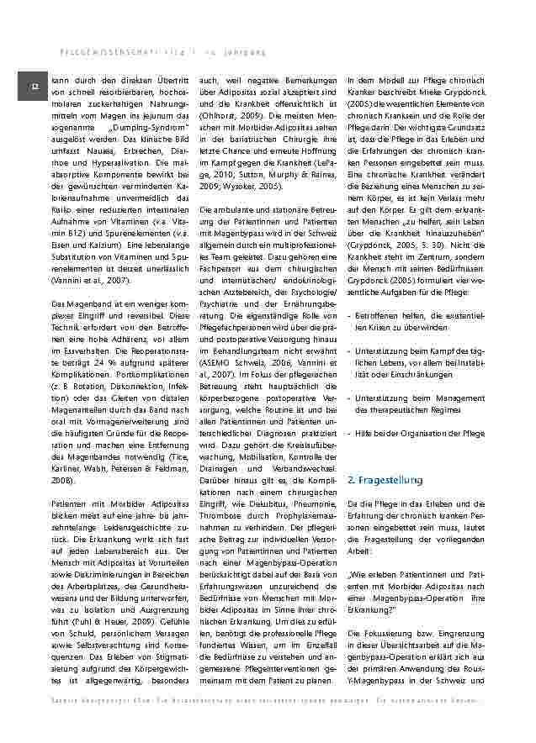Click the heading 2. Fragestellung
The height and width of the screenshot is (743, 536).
coord(385,480)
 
